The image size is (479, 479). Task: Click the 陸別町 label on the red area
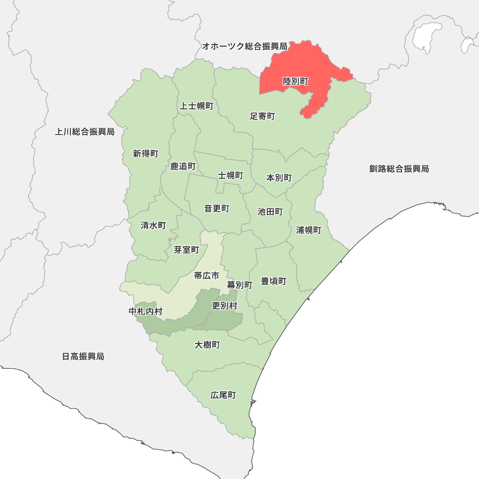click(x=296, y=81)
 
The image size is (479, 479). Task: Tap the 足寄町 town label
click(x=262, y=116)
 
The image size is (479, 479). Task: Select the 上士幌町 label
click(x=196, y=106)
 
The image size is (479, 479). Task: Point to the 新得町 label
click(x=146, y=154)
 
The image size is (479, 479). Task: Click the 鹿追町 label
click(x=183, y=166)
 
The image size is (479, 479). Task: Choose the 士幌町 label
click(x=230, y=175)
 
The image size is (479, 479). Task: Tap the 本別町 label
click(x=279, y=178)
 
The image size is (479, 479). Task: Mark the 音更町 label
click(x=217, y=208)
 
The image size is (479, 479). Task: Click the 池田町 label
click(x=270, y=212)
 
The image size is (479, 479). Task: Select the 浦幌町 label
click(x=308, y=230)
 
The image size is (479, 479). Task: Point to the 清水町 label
click(x=153, y=225)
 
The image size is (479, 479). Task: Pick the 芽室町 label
click(x=186, y=250)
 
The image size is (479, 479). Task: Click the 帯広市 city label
click(x=206, y=275)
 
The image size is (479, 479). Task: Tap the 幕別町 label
click(x=239, y=285)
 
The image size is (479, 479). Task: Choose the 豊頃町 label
click(x=274, y=281)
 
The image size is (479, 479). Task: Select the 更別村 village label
click(x=224, y=306)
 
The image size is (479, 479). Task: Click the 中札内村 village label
click(x=146, y=311)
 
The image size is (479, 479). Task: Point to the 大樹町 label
click(x=207, y=345)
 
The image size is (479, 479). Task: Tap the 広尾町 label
click(x=223, y=396)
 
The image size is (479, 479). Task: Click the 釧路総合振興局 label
click(x=399, y=169)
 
